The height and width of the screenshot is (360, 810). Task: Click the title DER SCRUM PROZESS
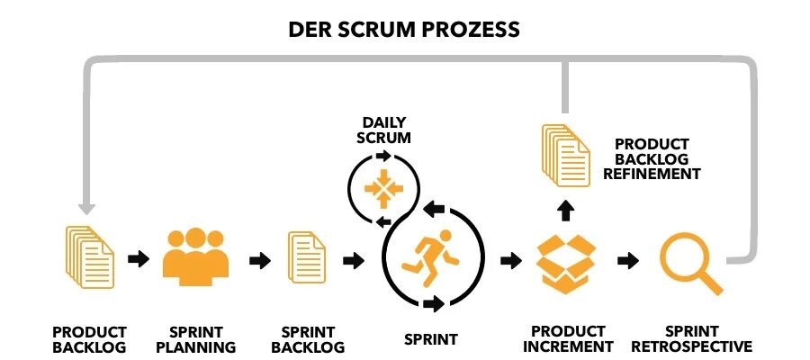point(403,29)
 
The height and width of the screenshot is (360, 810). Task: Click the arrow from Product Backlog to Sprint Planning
point(139,260)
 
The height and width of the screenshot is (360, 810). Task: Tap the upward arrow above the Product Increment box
point(566,211)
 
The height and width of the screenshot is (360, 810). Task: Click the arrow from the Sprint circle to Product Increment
point(510,260)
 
